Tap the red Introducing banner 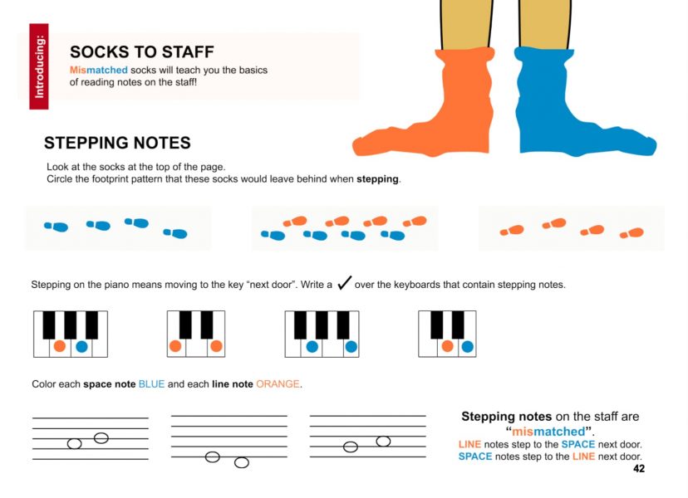(x=39, y=66)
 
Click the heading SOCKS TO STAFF (x=142, y=52)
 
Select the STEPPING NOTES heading (x=117, y=143)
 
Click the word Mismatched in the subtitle (x=99, y=71)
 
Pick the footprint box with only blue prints (x=118, y=228)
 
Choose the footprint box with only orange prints (x=572, y=228)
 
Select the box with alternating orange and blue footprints (x=345, y=228)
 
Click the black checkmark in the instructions (x=345, y=283)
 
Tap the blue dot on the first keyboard (x=81, y=347)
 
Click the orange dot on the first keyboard (x=60, y=346)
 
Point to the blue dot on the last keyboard (x=468, y=347)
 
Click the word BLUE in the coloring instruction (x=151, y=384)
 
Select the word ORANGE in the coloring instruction (x=278, y=384)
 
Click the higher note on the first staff (x=101, y=438)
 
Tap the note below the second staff (x=242, y=462)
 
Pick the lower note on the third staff (x=351, y=447)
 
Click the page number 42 (x=639, y=469)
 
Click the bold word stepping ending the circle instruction (x=377, y=179)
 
